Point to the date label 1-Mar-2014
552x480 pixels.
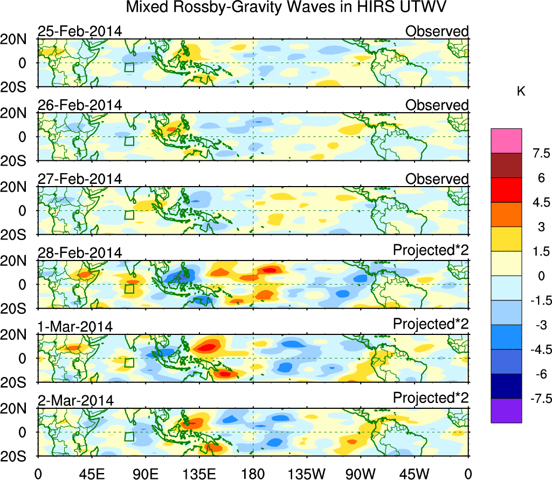(75, 327)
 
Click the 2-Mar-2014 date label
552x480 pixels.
(75, 401)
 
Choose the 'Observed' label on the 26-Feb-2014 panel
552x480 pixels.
(437, 105)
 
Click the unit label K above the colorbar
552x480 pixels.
(521, 92)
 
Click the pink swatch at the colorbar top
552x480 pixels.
(506, 141)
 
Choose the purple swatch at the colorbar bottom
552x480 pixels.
(506, 410)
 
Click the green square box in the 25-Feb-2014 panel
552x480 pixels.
(129, 67)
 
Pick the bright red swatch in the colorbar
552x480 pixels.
(506, 190)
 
